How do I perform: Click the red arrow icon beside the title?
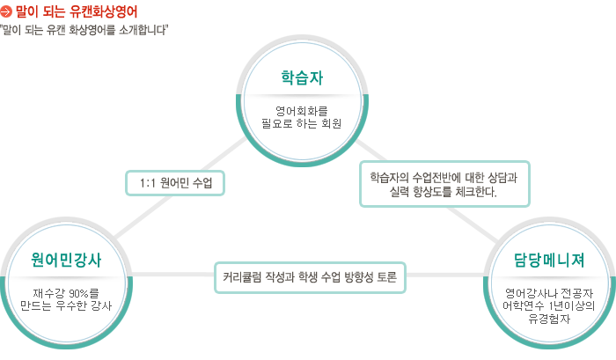[6, 11]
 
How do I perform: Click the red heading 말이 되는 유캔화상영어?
[77, 11]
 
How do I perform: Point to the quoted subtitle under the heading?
[84, 30]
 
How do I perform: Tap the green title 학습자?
[302, 77]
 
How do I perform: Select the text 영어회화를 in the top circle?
[302, 110]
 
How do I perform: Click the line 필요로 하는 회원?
[302, 123]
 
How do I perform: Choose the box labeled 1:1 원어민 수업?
[175, 183]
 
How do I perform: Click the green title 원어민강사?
[66, 260]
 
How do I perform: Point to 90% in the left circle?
[78, 293]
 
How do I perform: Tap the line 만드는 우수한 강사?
[66, 305]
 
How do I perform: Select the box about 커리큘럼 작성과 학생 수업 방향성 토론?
[310, 277]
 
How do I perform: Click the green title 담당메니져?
[549, 260]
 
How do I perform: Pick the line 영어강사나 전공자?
[549, 293]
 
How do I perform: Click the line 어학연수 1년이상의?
[549, 305]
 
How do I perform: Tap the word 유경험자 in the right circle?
[549, 319]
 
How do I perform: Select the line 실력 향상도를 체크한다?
[444, 192]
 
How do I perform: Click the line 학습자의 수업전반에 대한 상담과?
[444, 178]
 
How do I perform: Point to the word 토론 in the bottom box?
[387, 277]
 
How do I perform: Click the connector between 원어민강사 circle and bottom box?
[172, 274]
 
